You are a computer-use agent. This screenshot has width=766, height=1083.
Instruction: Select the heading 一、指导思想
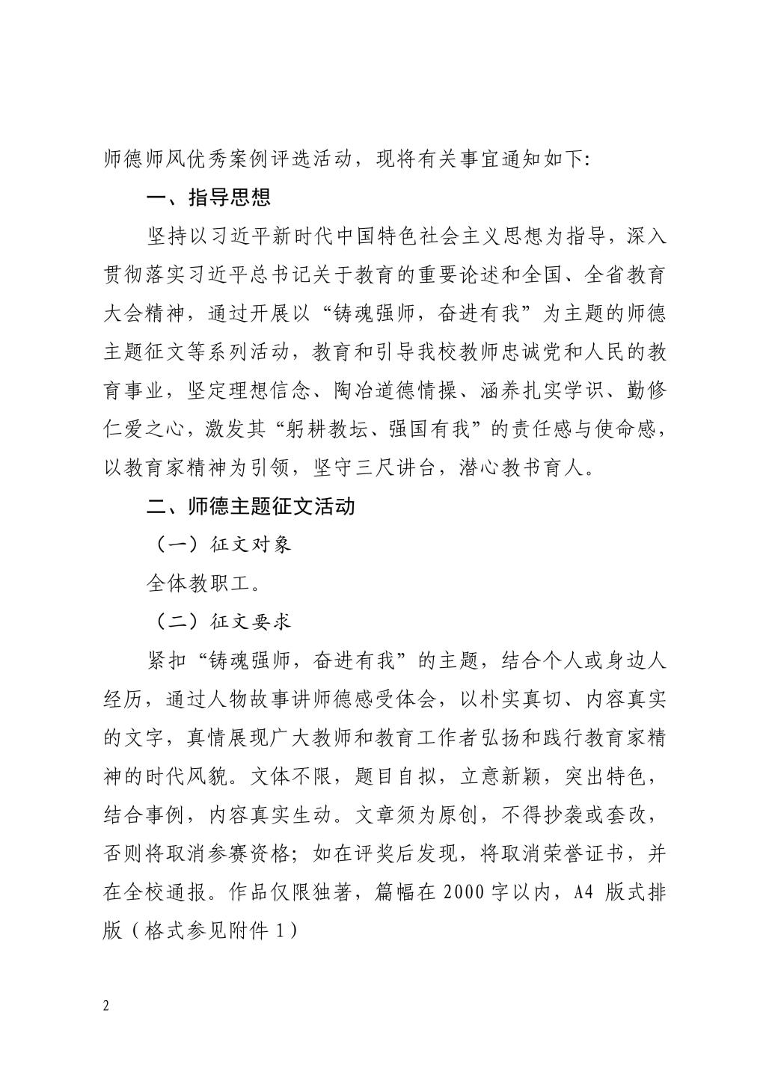pos(208,198)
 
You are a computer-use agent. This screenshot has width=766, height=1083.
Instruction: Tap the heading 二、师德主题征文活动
pos(251,506)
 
